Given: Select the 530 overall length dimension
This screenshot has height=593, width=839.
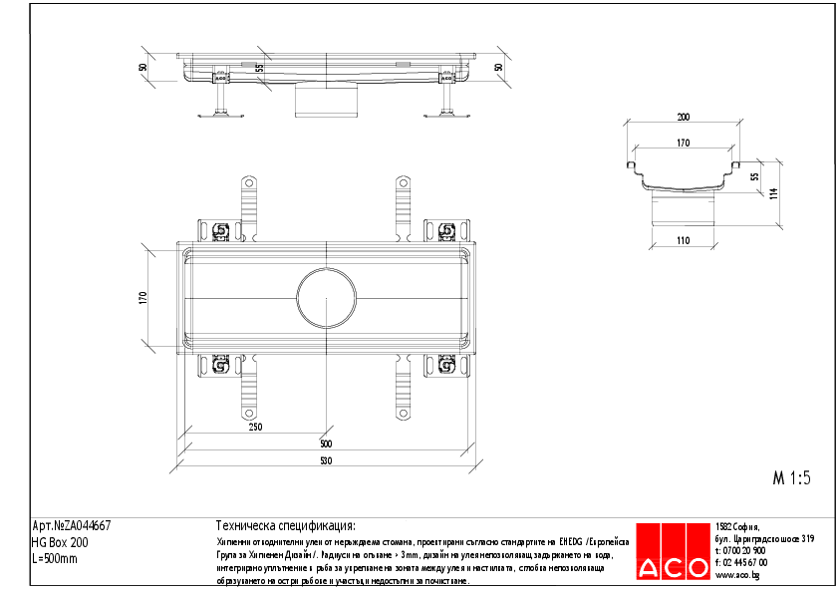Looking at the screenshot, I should click(x=326, y=460).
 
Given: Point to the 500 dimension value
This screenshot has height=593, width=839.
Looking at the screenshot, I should click(x=326, y=444).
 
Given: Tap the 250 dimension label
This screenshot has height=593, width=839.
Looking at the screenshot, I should click(x=255, y=427).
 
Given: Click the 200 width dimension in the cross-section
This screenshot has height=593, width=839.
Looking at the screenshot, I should click(x=683, y=117).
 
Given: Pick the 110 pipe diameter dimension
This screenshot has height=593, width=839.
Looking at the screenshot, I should click(x=683, y=241).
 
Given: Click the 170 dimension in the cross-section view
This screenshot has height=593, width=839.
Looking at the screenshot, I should click(x=683, y=144).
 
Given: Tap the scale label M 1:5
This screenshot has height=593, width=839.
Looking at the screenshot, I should click(x=792, y=477).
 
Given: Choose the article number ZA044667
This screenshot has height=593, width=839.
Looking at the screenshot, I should click(x=72, y=526).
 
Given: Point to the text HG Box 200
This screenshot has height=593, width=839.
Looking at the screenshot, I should click(x=60, y=542).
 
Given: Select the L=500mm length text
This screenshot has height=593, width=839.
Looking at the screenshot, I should click(x=55, y=558).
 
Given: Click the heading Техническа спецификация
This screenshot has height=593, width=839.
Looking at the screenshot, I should click(x=285, y=526).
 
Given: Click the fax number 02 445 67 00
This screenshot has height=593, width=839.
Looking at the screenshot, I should click(x=745, y=563).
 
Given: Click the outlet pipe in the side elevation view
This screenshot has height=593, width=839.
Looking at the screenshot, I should click(x=326, y=101).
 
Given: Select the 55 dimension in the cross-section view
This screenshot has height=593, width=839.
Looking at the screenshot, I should click(x=754, y=175).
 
